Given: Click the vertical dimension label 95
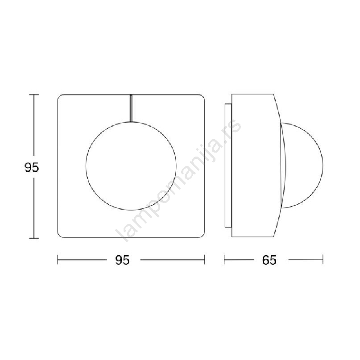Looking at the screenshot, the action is [x=32, y=167].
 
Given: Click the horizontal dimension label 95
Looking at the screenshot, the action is [x=122, y=260].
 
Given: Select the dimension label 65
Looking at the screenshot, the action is [x=269, y=260].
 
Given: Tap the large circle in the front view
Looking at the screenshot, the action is [x=85, y=166].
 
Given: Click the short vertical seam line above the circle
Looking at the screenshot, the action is [x=131, y=108].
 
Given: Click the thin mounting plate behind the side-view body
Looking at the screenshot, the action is [x=228, y=166].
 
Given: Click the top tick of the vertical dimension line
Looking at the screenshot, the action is [x=34, y=95].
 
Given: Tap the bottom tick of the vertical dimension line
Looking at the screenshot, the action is [x=34, y=238].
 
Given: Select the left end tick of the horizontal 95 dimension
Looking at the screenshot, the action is [x=58, y=260].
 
